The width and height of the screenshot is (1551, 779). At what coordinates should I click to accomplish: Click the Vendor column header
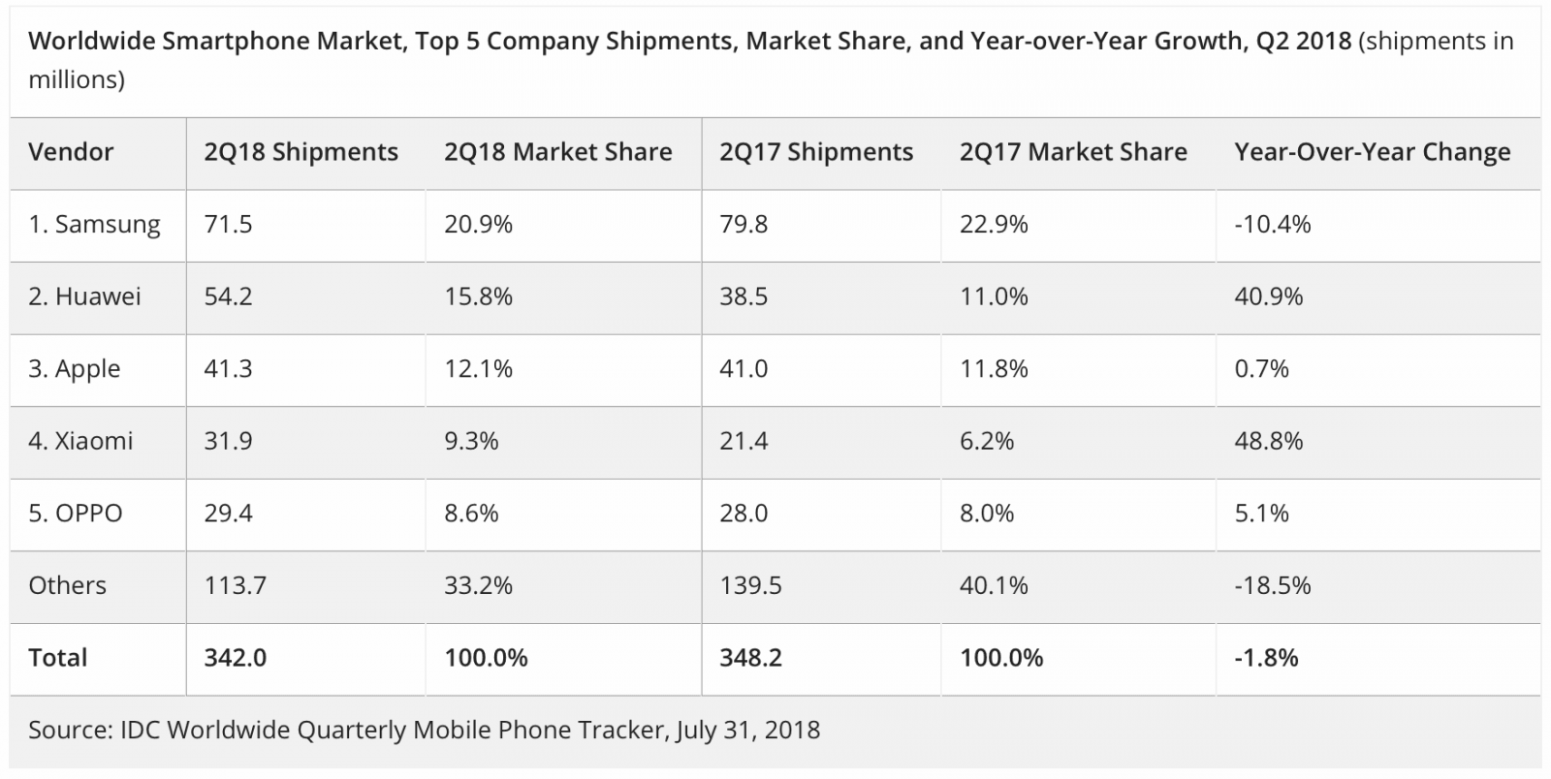click(x=71, y=152)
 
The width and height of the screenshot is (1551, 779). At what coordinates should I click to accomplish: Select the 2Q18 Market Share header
click(x=557, y=152)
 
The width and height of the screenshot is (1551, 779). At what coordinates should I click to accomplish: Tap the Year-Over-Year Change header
click(x=1372, y=152)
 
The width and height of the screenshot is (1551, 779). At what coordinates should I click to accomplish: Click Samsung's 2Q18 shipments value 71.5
click(x=228, y=225)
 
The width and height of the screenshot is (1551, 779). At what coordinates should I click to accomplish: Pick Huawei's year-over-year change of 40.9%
click(x=1268, y=296)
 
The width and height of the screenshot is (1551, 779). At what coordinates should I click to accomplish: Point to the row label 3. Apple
click(x=75, y=369)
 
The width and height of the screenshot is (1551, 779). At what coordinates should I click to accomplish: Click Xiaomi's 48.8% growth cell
click(x=1268, y=441)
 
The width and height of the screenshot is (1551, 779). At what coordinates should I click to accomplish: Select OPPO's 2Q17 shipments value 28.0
click(x=744, y=514)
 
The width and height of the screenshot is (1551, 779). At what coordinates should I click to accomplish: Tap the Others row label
click(x=67, y=585)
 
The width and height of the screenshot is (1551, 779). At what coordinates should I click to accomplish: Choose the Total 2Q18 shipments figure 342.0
click(x=235, y=658)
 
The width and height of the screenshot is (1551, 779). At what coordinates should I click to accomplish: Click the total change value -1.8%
click(x=1266, y=658)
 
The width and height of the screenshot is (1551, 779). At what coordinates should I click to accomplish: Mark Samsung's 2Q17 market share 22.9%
click(x=994, y=225)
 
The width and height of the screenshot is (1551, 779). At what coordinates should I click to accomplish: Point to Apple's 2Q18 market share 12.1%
click(x=478, y=369)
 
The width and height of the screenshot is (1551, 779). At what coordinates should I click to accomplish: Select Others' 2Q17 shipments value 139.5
click(x=750, y=585)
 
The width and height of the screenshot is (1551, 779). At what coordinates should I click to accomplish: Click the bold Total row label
click(x=57, y=658)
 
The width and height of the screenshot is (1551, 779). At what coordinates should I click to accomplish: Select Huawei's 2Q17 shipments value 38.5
click(x=744, y=296)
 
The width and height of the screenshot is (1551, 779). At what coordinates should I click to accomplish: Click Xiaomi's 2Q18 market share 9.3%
click(x=471, y=441)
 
